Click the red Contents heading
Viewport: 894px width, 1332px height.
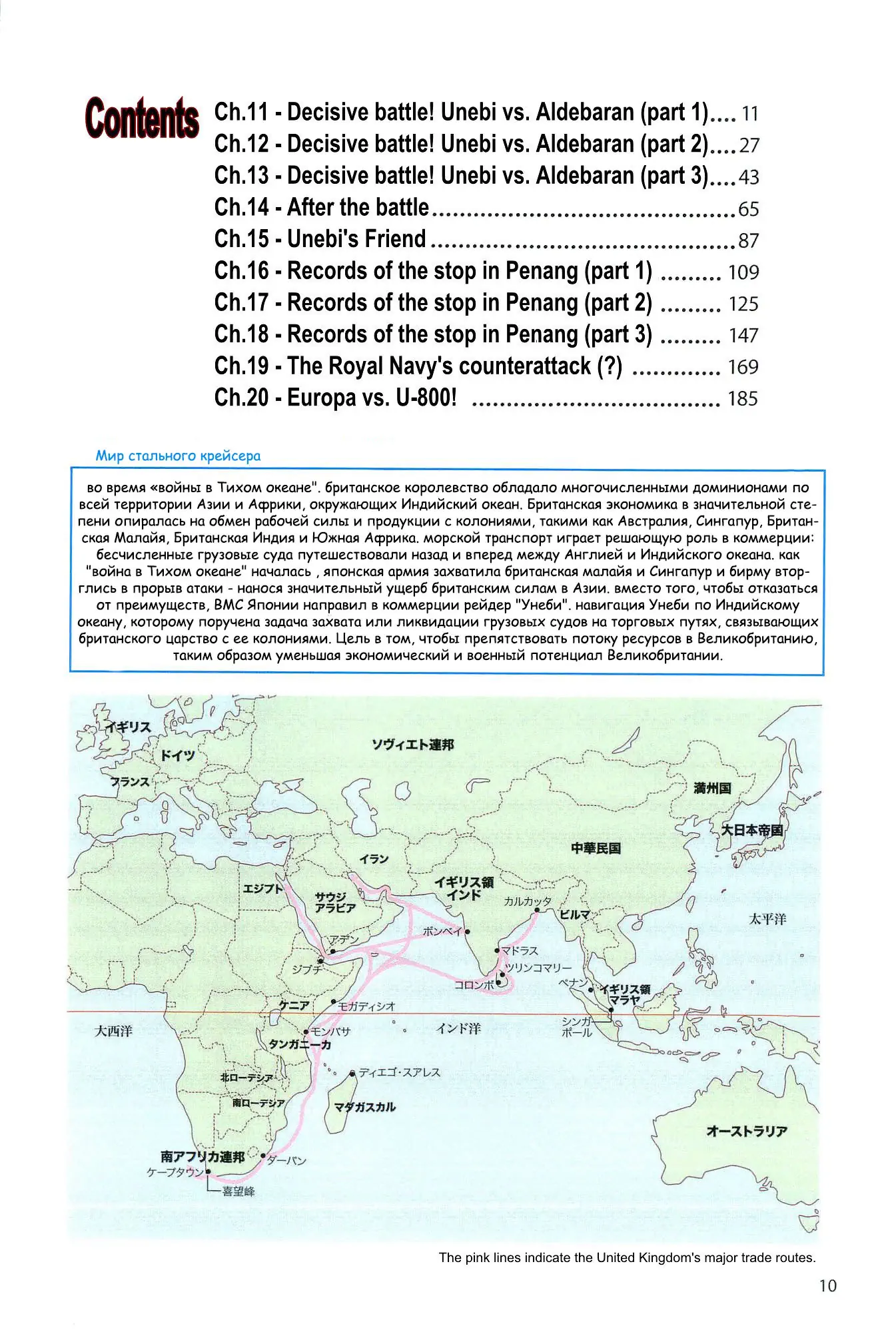(142, 118)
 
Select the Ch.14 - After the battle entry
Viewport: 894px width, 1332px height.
(322, 208)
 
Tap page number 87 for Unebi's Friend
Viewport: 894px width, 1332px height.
(748, 240)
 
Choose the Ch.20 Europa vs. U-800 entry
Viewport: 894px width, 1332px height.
(336, 398)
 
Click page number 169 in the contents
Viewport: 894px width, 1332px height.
(743, 367)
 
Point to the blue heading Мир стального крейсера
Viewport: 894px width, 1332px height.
(178, 456)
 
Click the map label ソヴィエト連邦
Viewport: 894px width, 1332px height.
(413, 745)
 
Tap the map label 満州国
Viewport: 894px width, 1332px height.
(712, 789)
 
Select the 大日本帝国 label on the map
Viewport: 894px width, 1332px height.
(752, 830)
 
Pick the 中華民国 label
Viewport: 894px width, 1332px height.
(596, 848)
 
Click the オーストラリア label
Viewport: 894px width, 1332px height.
(747, 1131)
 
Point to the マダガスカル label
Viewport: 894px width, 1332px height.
(364, 1107)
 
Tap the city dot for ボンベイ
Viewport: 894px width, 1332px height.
(468, 932)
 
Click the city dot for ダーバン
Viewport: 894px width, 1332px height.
(264, 1156)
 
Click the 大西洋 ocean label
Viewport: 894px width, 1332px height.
(113, 1031)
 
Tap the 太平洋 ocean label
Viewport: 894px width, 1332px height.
(767, 919)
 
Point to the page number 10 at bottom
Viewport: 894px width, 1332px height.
(827, 1286)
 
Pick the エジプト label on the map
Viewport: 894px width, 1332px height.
(262, 888)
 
